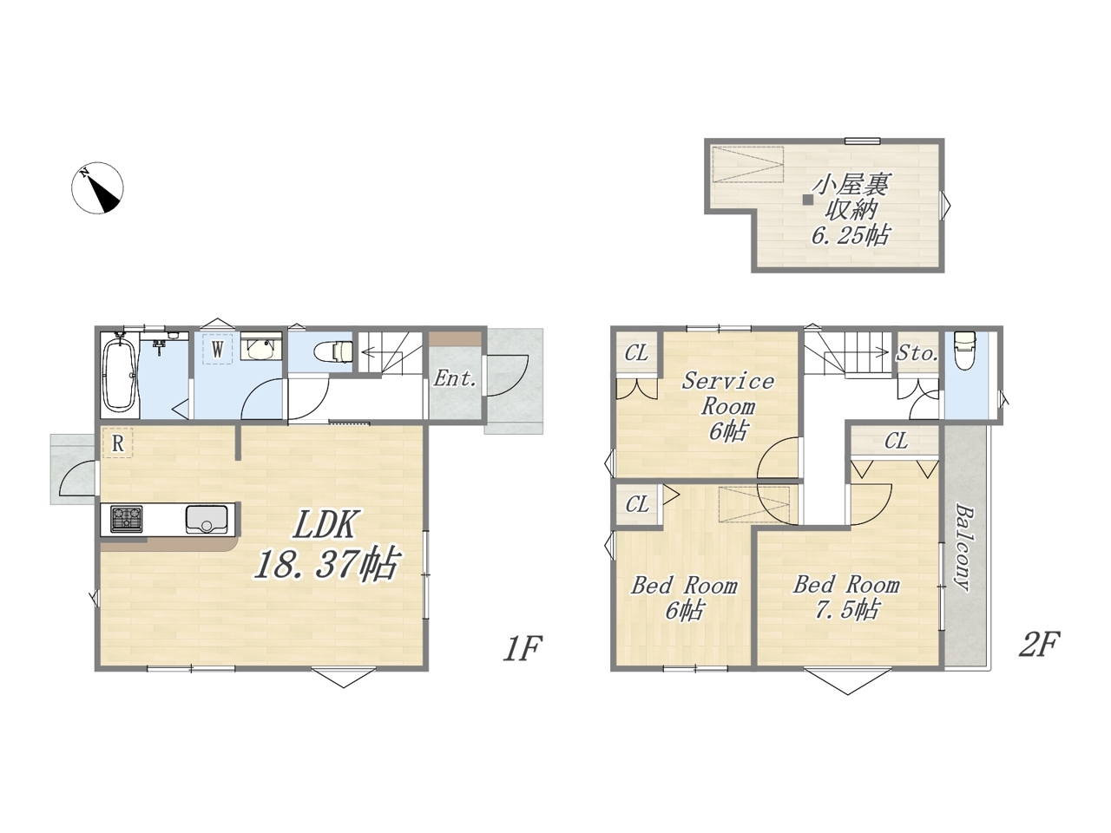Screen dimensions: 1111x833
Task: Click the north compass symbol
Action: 97,187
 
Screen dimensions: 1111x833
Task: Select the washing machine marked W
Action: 217,349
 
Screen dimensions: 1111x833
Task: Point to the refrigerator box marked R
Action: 117,443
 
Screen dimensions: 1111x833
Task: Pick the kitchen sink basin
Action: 207,519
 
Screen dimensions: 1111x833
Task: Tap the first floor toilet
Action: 333,351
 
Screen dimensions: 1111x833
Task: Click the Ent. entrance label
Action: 455,378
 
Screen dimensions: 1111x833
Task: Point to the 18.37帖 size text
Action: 326,562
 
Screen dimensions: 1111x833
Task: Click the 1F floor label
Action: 523,648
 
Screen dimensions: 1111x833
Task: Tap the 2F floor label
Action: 1040,645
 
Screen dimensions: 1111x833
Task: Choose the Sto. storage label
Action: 917,353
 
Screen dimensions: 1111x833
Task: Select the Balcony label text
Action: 963,548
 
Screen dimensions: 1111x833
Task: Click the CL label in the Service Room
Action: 635,353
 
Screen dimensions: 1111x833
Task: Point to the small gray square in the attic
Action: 808,200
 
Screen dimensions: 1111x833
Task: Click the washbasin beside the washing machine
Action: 261,346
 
